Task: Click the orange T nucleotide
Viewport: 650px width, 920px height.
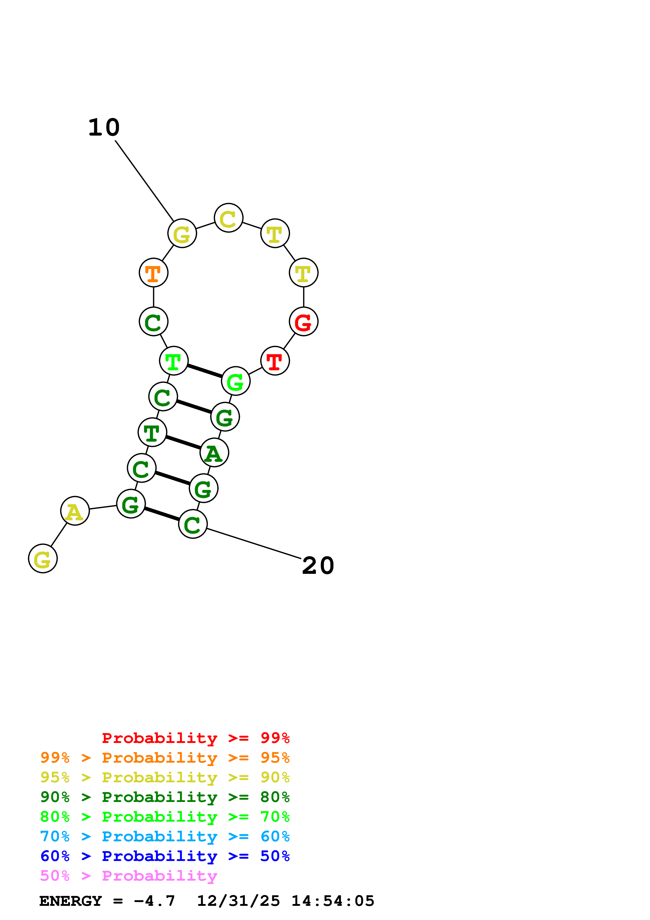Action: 153,273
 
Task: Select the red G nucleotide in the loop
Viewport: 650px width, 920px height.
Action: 304,322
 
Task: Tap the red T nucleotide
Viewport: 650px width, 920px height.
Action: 275,361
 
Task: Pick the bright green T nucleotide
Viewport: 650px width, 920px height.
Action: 173,361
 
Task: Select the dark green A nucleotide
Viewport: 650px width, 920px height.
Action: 214,453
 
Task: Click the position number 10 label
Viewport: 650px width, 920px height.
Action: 104,127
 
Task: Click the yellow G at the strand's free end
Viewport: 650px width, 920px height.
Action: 43,559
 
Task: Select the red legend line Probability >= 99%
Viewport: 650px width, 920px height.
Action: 195,738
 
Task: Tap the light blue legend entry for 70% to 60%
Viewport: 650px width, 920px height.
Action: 165,836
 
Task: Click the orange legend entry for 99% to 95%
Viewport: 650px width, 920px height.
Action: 165,758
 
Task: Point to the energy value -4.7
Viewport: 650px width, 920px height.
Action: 154,901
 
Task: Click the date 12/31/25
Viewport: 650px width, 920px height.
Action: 238,901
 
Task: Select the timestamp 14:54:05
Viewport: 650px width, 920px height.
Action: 332,901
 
